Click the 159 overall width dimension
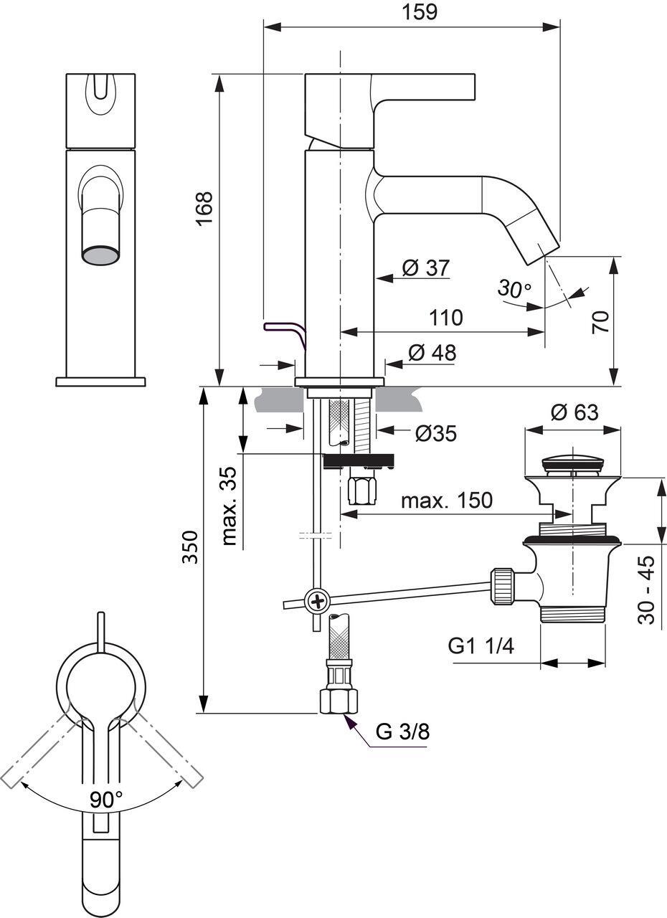(x=420, y=12)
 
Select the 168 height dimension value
(x=205, y=209)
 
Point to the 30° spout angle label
(x=515, y=288)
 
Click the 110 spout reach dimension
(x=445, y=317)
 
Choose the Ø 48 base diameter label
(x=432, y=352)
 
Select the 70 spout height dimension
(x=600, y=321)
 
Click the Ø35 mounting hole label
(x=435, y=433)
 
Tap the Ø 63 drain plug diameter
(x=574, y=412)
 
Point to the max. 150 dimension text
(x=447, y=500)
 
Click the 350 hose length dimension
(x=189, y=549)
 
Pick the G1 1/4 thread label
(x=481, y=646)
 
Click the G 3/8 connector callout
(x=403, y=732)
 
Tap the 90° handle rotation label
(x=106, y=798)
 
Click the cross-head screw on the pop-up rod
(x=316, y=599)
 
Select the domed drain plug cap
(x=572, y=459)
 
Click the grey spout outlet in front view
(x=100, y=255)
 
